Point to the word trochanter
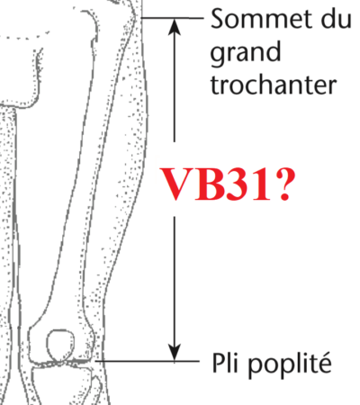pyautogui.click(x=274, y=84)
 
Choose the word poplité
pyautogui.click(x=290, y=364)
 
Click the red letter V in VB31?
pyautogui.click(x=177, y=184)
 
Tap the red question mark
pyautogui.click(x=284, y=184)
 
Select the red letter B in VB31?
pyautogui.click(x=210, y=184)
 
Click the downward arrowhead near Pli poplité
pyautogui.click(x=175, y=351)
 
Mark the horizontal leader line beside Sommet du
pyautogui.click(x=172, y=18)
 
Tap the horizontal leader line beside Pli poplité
pyautogui.click(x=148, y=361)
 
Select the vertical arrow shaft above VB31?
pyautogui.click(x=175, y=88)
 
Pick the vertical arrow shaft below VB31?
pyautogui.click(x=175, y=280)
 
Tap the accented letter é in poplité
pyautogui.click(x=324, y=363)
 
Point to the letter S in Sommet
pyautogui.click(x=218, y=19)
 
